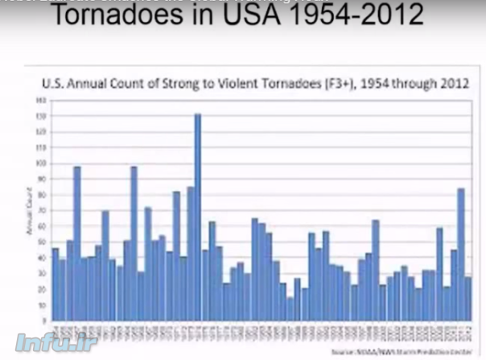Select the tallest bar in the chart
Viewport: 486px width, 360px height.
pos(197,217)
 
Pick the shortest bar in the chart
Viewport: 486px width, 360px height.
pos(290,309)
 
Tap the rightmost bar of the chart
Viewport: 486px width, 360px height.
pos(468,299)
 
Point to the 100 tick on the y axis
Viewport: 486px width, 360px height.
pos(42,163)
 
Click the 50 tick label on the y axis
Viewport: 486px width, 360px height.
pos(43,242)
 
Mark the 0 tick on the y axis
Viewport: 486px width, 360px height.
pos(43,321)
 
